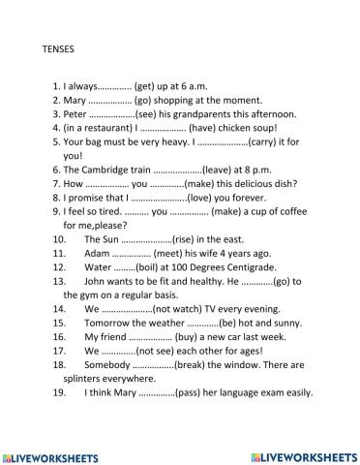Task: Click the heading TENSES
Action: click(x=61, y=45)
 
